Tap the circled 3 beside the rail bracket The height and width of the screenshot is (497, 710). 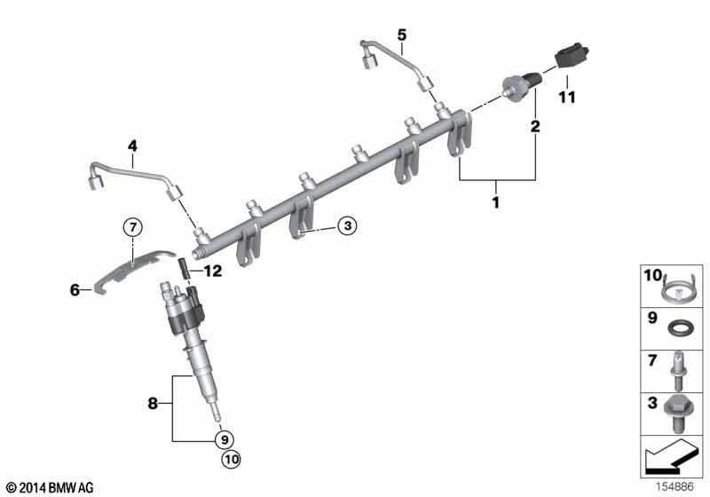click(x=347, y=227)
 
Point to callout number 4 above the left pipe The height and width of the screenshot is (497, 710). click(x=132, y=146)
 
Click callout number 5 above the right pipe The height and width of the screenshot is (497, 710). click(x=401, y=35)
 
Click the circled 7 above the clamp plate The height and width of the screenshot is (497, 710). click(x=132, y=227)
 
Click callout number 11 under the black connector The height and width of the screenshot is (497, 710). click(x=566, y=97)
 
